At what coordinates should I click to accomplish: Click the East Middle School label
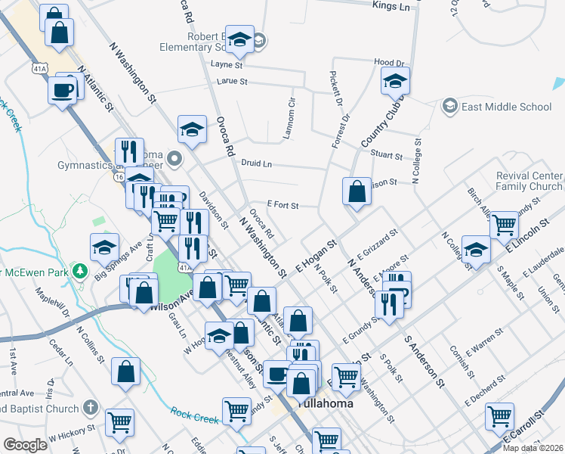506,107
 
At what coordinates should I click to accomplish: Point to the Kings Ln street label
391,6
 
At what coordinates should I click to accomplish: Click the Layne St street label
227,66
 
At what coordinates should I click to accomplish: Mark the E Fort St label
283,205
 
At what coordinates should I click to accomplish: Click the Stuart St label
387,156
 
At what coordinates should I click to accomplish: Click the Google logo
25,445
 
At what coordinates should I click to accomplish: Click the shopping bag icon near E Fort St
357,192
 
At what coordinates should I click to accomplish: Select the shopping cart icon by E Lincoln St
504,225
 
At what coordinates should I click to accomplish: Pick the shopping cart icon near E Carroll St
500,415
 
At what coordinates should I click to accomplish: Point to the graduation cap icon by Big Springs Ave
104,247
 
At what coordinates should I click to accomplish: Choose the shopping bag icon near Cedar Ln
125,372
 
